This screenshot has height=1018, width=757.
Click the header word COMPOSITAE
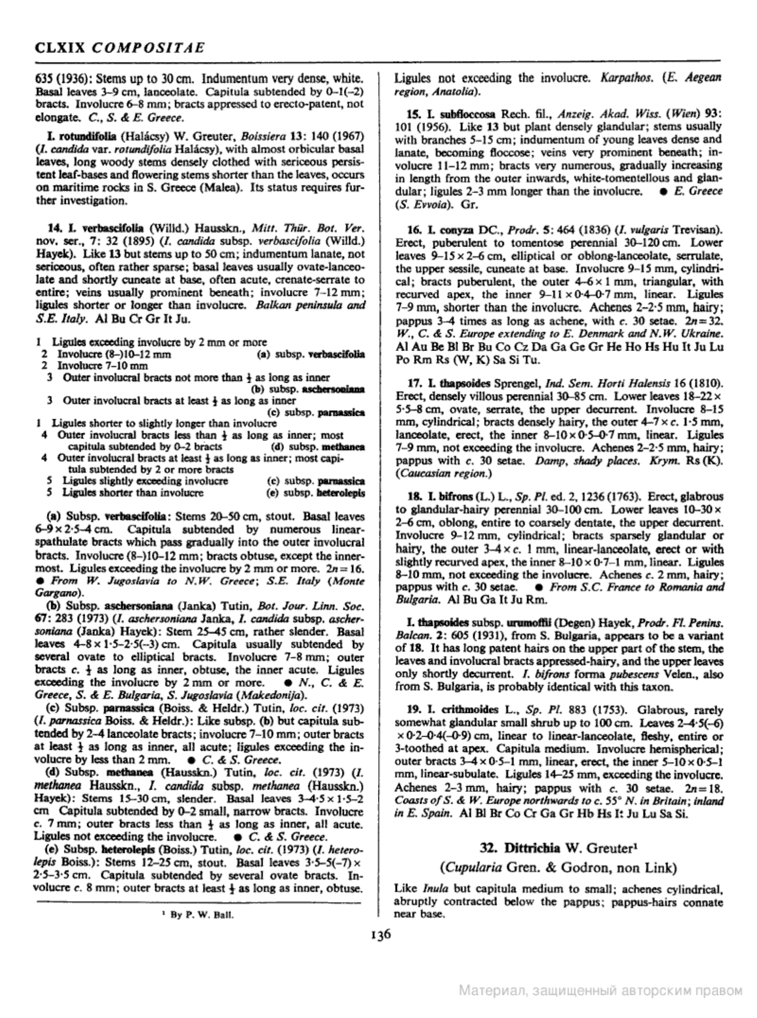pyautogui.click(x=147, y=47)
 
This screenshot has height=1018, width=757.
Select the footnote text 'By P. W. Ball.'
pyautogui.click(x=198, y=915)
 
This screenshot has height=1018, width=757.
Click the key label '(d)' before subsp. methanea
pyautogui.click(x=278, y=447)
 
